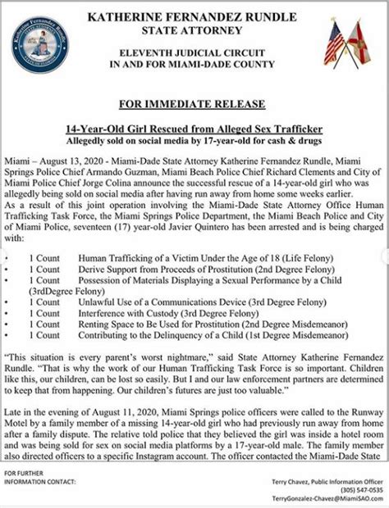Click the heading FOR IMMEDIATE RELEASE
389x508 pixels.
point(194,104)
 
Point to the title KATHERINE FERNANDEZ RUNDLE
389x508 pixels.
point(194,15)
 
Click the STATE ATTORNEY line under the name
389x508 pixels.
point(194,31)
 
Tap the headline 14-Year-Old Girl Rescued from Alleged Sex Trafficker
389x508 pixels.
point(194,130)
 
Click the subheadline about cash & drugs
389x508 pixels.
point(194,143)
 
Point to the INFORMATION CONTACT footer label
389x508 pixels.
point(38,482)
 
